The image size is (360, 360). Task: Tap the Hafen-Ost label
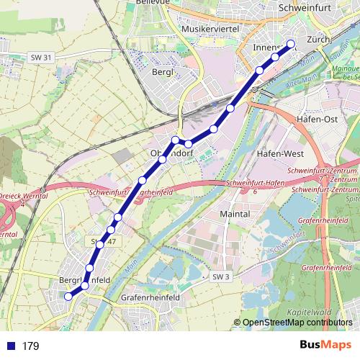click(x=318, y=119)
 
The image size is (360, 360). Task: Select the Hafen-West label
click(x=277, y=154)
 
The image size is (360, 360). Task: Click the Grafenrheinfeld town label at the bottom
click(x=150, y=296)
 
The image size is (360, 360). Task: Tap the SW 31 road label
click(x=42, y=57)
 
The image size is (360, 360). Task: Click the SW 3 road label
click(x=220, y=276)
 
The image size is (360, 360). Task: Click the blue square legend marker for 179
click(x=9, y=346)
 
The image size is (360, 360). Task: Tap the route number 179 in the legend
click(x=30, y=346)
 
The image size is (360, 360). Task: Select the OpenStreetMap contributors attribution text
click(x=297, y=322)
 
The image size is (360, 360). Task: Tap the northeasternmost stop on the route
click(x=291, y=43)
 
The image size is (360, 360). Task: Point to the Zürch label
click(x=317, y=40)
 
